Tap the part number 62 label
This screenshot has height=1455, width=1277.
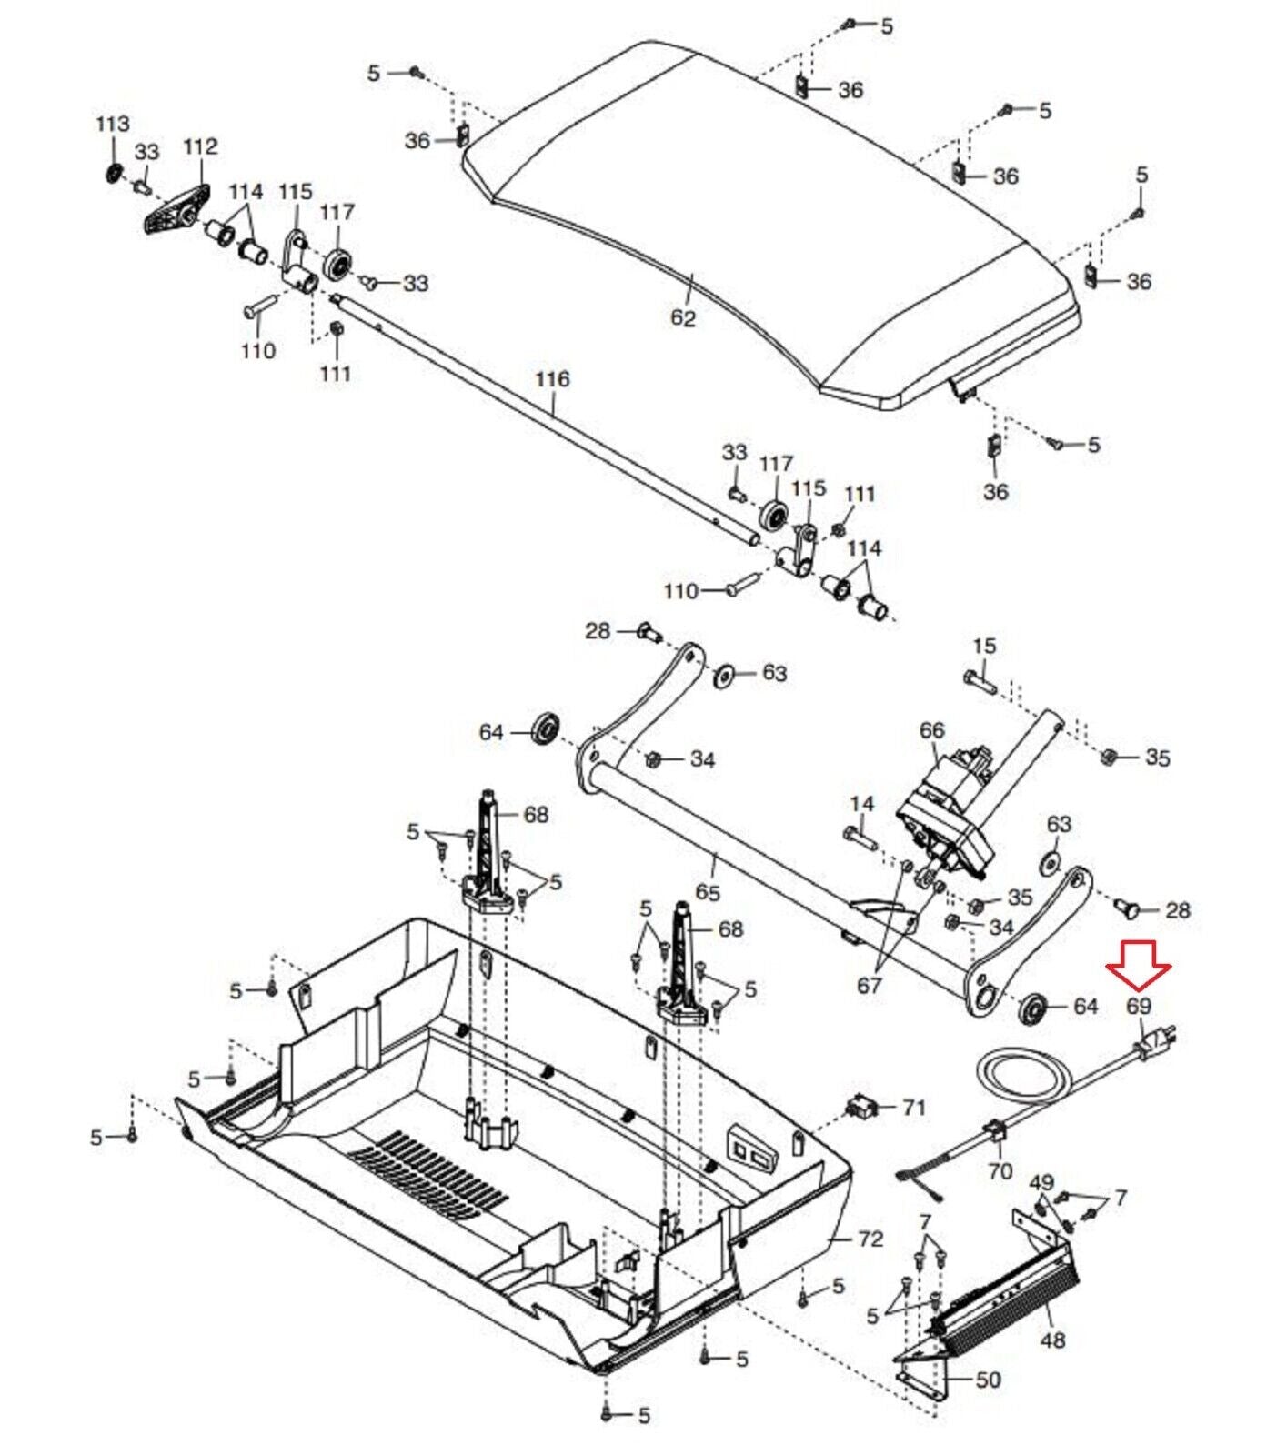[x=682, y=318]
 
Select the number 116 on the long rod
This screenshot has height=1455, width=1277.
[x=552, y=378]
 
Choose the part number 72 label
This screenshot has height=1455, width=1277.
[x=870, y=1239]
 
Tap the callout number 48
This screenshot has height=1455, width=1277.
[x=1051, y=1340]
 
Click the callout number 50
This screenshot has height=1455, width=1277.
[x=988, y=1380]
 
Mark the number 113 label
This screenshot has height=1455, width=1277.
[x=113, y=124]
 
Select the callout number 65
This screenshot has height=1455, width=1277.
[x=707, y=892]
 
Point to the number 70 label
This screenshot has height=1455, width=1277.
[x=1000, y=1171]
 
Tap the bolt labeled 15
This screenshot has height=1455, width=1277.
[x=980, y=679]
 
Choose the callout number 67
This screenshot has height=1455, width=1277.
[x=870, y=985]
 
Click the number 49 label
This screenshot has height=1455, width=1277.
[x=1041, y=1183]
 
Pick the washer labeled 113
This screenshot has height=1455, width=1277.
[x=114, y=173]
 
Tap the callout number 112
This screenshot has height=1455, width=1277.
[x=200, y=146]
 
